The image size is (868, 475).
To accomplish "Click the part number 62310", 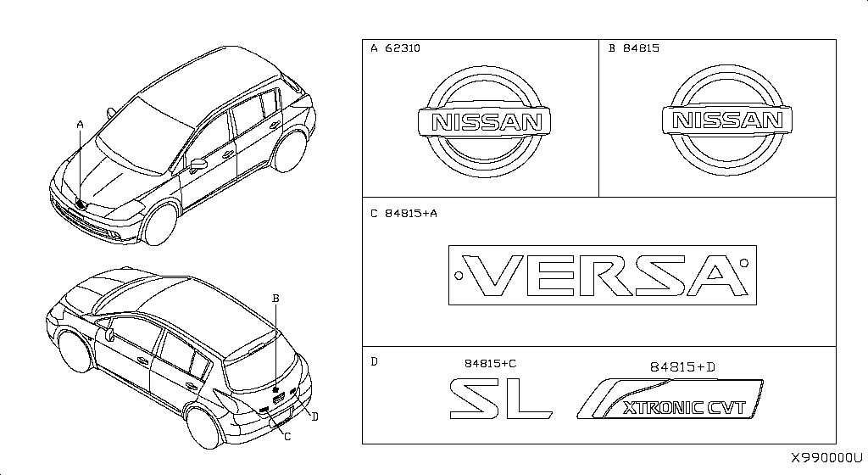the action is [403, 48].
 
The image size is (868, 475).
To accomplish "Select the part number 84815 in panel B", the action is [641, 48].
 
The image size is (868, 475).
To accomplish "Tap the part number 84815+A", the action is [411, 213].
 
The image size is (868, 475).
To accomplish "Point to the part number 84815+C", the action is [490, 363].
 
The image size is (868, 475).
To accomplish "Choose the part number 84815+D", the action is [682, 366].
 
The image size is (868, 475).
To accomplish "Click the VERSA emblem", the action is [603, 275].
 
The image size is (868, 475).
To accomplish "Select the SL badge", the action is [501, 399].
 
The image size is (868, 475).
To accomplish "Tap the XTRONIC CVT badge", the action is [670, 399].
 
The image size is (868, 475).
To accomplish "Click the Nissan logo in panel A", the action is [484, 122].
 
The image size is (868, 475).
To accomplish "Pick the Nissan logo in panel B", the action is [726, 120].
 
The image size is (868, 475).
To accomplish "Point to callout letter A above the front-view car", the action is [81, 126].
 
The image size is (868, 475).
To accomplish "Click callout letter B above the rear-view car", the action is [275, 299].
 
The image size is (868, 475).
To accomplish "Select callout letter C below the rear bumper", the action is [287, 437].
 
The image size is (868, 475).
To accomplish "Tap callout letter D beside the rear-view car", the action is [315, 416].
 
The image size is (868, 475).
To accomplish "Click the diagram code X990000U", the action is [826, 458].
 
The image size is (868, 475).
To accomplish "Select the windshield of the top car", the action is [145, 136].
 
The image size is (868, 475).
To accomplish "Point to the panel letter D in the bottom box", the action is [374, 362].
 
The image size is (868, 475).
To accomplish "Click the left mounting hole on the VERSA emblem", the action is [459, 275].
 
